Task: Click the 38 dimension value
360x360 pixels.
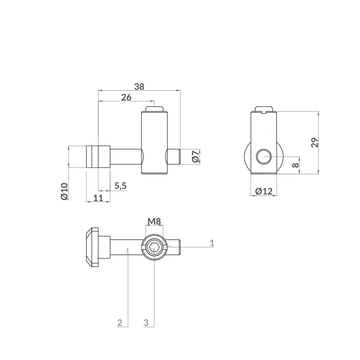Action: pyautogui.click(x=139, y=86)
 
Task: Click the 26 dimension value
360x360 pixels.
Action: pyautogui.click(x=126, y=97)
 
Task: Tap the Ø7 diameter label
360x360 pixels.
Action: pyautogui.click(x=195, y=157)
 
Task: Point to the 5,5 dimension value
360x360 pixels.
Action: pyautogui.click(x=120, y=186)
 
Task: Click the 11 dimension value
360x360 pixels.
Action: pyautogui.click(x=98, y=197)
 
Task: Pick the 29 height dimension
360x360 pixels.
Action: pyautogui.click(x=315, y=143)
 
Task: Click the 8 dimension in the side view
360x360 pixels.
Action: pyautogui.click(x=295, y=165)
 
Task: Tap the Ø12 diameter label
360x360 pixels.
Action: pyautogui.click(x=264, y=192)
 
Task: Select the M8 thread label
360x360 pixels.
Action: pyautogui.click(x=154, y=221)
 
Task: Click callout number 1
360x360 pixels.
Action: pyautogui.click(x=212, y=243)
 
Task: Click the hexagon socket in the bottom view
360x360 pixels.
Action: pyautogui.click(x=154, y=248)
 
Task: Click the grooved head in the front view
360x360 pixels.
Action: pyautogui.click(x=98, y=157)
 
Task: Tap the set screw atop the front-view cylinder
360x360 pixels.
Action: pyautogui.click(x=154, y=108)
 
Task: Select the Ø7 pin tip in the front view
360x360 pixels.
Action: pyautogui.click(x=174, y=157)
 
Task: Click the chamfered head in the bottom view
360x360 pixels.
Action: pyautogui.click(x=92, y=248)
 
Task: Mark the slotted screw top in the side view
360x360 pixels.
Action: pyautogui.click(x=264, y=109)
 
